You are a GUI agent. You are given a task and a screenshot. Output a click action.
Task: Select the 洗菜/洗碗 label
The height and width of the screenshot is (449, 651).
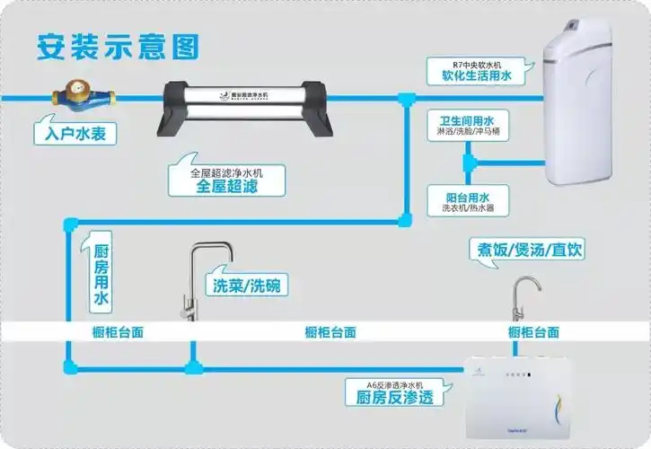pyautogui.click(x=246, y=286)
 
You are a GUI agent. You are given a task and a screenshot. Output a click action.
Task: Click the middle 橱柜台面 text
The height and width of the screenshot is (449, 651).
pyautogui.click(x=330, y=331)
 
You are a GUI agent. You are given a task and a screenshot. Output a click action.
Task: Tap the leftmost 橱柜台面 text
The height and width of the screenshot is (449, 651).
pyautogui.click(x=118, y=331)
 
